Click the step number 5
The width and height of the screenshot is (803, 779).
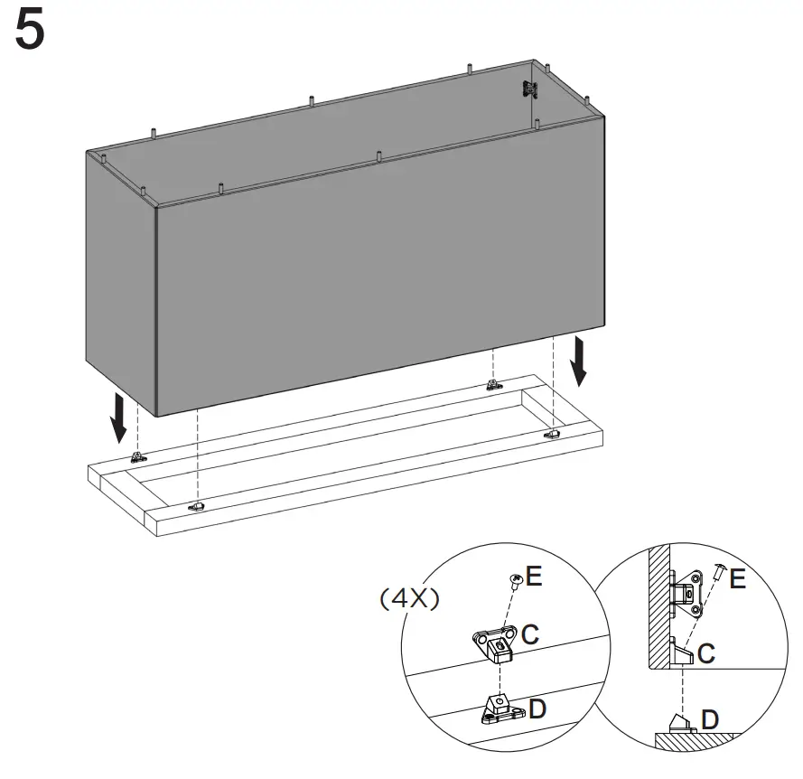coord(30,30)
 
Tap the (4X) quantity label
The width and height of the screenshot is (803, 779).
coord(409,598)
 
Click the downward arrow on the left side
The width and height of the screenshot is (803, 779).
coord(119,418)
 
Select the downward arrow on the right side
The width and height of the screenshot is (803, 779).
coord(579,361)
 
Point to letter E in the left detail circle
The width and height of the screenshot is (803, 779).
coord(534,576)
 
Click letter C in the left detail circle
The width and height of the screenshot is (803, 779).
coord(530,634)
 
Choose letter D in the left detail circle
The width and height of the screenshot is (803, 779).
coord(537,709)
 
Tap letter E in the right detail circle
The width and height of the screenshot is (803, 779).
coord(737,578)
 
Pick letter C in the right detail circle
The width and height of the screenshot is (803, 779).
coord(706,653)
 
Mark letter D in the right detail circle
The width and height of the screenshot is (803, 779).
coord(710,719)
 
